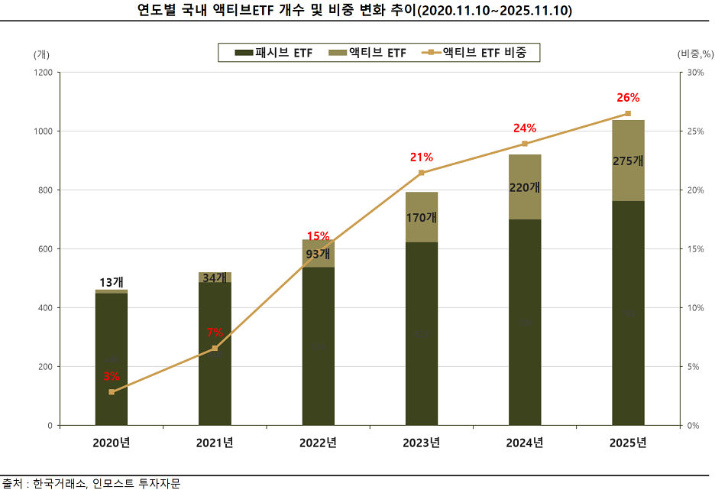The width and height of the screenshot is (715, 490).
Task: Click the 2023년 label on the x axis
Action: coord(422,443)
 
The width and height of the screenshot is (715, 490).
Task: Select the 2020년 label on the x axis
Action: coord(112,443)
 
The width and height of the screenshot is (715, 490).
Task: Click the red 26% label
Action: coord(628,98)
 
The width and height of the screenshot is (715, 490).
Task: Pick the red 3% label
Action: coord(112,376)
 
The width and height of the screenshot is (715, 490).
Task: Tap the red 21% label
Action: coord(422,157)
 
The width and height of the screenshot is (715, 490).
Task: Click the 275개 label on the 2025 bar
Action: coord(628,161)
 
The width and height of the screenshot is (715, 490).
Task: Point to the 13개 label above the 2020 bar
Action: coord(112,282)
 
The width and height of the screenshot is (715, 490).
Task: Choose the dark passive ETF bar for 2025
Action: coord(628,313)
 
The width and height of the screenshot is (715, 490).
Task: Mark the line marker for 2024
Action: coord(525,144)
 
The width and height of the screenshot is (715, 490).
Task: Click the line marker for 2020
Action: coord(112,392)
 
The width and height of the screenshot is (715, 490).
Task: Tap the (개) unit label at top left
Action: coord(41,54)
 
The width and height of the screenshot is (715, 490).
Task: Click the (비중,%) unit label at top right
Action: coord(694,54)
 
